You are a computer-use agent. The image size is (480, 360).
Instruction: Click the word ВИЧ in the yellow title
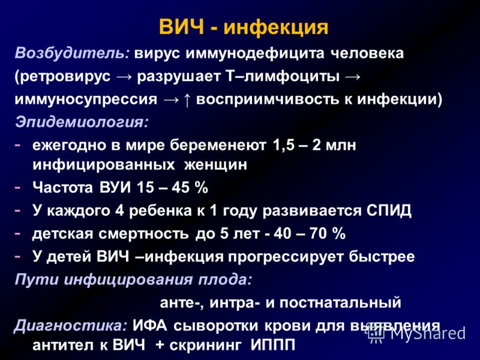tap(182, 27)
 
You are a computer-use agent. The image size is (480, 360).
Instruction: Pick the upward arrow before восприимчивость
tap(187, 100)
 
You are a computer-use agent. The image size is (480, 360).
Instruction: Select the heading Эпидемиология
tap(82, 122)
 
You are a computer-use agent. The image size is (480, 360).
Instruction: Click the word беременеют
tap(218, 145)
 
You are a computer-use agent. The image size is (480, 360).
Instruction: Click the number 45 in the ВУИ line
tap(181, 187)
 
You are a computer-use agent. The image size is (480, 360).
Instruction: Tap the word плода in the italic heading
tap(224, 280)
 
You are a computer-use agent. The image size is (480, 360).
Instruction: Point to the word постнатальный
tap(340, 302)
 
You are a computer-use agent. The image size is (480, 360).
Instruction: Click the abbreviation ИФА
tap(150, 326)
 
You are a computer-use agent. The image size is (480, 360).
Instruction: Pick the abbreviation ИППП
tap(273, 346)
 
